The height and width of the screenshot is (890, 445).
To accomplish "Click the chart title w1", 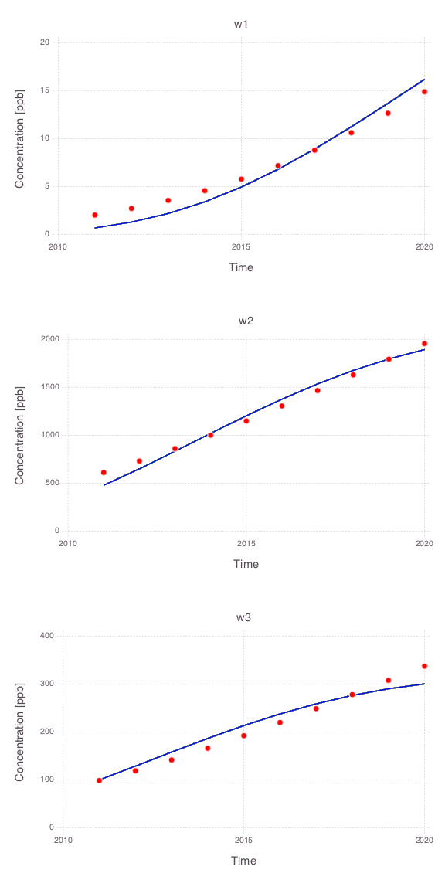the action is tap(241, 25).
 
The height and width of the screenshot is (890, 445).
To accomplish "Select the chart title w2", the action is tap(246, 321).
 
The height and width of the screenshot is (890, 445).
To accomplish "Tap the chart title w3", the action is tap(243, 617).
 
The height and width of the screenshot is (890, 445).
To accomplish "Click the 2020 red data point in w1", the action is tap(425, 91).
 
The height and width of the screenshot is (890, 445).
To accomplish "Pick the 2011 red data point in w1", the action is tap(95, 215).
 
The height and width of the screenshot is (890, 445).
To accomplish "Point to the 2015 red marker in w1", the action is tap(241, 179).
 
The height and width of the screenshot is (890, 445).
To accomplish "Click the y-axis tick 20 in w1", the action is tap(46, 42).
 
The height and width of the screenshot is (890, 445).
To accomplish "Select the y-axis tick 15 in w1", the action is tap(46, 91).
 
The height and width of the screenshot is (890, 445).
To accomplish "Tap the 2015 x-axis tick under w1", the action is tap(241, 247).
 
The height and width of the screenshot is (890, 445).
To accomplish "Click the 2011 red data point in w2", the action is tap(104, 472).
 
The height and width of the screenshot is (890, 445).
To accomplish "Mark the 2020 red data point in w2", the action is tap(425, 343).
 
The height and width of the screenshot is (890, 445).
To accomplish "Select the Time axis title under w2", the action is tap(246, 564).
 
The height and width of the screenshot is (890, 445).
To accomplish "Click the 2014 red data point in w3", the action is tap(208, 748).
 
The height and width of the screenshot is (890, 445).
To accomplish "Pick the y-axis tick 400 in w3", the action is tap(49, 636).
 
